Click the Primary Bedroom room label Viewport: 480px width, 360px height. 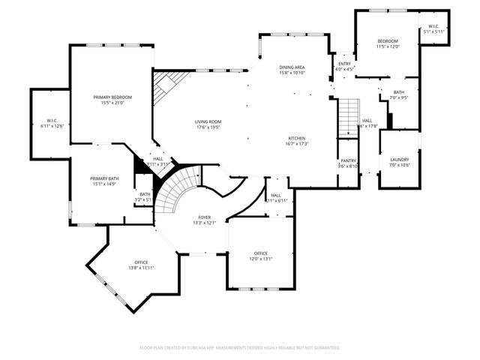click(112, 97)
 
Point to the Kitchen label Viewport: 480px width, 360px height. click(297, 139)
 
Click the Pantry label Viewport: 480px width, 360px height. click(348, 160)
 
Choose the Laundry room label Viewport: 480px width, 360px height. click(399, 159)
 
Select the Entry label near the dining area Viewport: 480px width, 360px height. click(344, 64)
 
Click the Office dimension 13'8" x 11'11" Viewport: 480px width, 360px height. click(141, 268)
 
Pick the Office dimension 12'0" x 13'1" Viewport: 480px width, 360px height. click(260, 259)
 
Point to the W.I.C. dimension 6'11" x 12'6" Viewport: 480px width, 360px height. click(52, 126)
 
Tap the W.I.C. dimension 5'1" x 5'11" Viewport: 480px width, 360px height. click(434, 31)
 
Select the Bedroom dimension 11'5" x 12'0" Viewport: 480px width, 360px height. click(388, 46)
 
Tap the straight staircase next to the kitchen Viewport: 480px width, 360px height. click(347, 118)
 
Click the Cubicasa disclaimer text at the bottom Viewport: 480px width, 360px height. click(240, 347)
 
